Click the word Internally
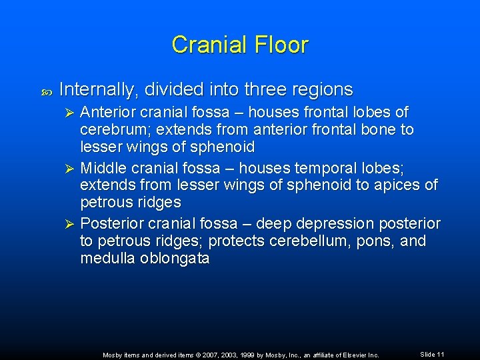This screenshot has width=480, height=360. tap(99, 89)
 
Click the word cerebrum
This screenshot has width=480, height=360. tap(111, 129)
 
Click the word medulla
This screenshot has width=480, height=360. tap(107, 259)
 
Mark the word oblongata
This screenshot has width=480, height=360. tap(175, 259)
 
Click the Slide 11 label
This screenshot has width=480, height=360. tap(432, 354)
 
